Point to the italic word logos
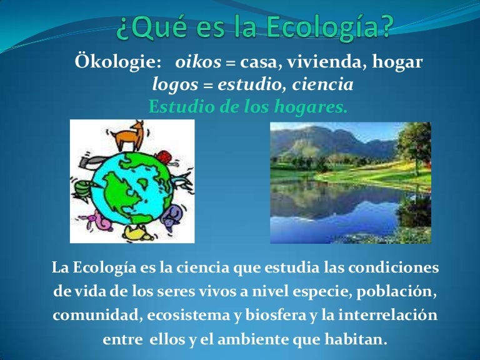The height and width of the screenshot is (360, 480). point(176,84)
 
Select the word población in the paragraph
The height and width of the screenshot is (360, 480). point(399,292)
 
